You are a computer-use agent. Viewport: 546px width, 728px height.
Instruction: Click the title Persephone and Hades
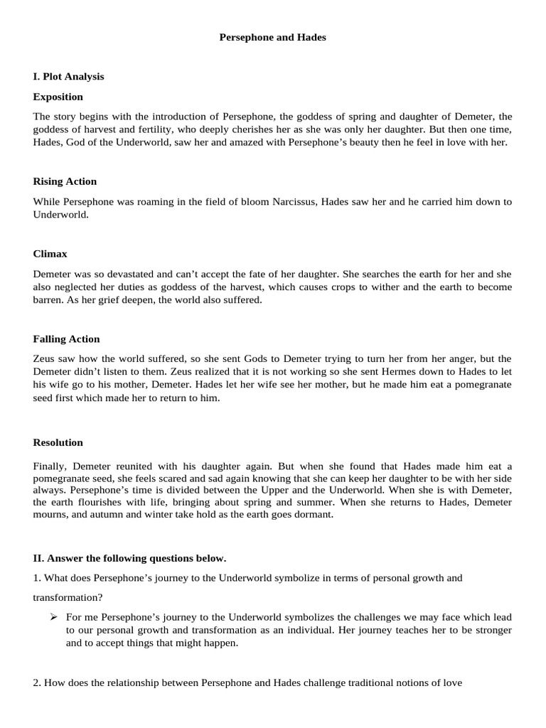pos(272,38)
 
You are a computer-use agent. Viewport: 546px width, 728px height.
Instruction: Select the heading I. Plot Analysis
pos(68,76)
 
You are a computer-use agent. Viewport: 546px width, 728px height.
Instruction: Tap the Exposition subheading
pos(58,97)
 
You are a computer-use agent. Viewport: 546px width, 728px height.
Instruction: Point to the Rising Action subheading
pos(65,181)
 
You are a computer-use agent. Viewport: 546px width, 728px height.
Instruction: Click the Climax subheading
pos(50,253)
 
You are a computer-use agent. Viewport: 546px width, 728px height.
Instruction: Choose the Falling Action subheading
pos(66,339)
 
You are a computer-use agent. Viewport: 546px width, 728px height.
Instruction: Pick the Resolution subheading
pos(58,442)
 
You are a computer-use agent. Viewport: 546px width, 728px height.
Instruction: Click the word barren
pos(48,300)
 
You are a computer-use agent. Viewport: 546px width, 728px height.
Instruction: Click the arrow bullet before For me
pos(53,617)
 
